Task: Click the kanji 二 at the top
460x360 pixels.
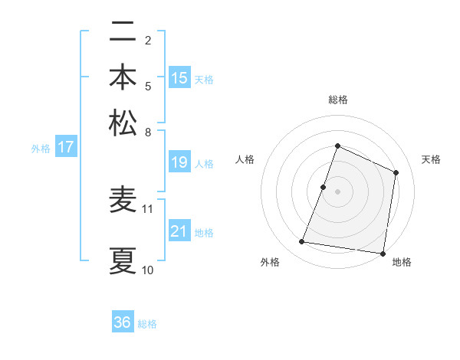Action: coord(123,34)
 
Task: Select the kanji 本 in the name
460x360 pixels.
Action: coord(123,78)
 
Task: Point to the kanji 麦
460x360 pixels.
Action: coord(123,201)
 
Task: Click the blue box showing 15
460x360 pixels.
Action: coord(179,78)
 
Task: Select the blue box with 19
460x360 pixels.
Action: coord(179,162)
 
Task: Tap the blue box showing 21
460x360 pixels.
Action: coord(179,231)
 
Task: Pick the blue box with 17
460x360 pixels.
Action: coord(65,147)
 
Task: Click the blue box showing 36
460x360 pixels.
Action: coord(123,322)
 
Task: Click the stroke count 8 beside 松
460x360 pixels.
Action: coord(148,132)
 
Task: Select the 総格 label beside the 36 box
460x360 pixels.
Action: coord(147,324)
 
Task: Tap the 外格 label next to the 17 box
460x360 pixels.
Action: coord(40,149)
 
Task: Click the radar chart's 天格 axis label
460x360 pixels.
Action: coord(431,159)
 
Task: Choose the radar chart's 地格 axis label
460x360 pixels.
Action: coord(402,262)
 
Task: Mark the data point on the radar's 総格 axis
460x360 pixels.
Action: coord(337,146)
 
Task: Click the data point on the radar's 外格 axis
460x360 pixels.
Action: coord(302,242)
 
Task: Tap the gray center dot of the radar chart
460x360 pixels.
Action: coord(337,191)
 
